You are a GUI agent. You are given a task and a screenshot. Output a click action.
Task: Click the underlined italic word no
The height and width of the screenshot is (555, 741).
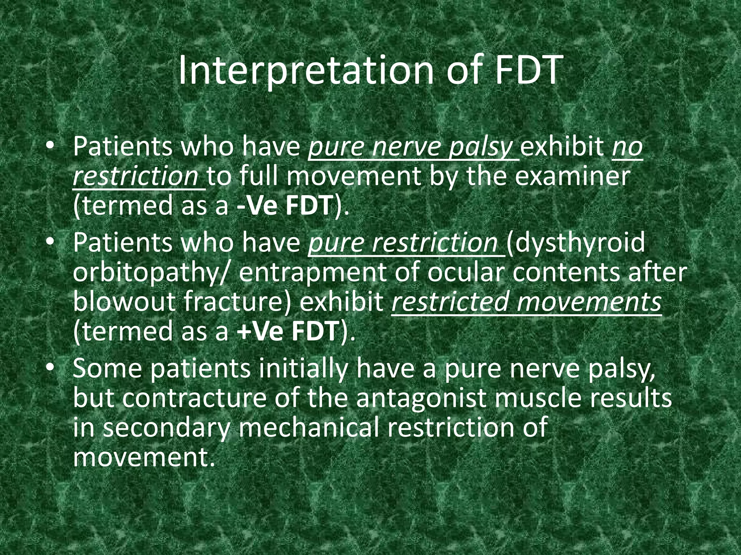[627, 147]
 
